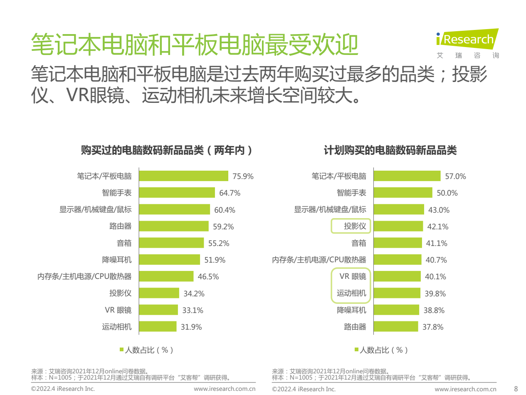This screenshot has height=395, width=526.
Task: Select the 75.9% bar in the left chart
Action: coord(183,176)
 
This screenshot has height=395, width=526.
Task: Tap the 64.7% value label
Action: coord(230,193)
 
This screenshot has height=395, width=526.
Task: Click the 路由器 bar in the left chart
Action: coord(173,226)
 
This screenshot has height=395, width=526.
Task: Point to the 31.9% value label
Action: coord(191,327)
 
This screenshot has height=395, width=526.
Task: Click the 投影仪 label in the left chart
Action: coord(121,293)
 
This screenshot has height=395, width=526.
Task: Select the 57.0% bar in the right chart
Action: coord(407,176)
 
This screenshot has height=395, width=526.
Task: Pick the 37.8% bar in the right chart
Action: coord(395,327)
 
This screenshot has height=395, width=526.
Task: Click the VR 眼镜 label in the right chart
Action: coord(353,276)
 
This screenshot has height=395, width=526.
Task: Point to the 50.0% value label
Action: coord(447,193)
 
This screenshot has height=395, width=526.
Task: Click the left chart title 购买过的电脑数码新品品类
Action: coord(167,150)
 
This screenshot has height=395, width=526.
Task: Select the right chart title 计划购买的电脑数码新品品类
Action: coord(390,150)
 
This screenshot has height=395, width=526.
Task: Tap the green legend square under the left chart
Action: coord(121,350)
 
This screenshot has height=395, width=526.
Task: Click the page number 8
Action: coord(516,389)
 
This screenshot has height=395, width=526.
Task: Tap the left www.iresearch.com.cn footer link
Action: coord(225,389)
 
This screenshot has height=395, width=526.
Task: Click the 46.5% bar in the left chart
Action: coord(166,276)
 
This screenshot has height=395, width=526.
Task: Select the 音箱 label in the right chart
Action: coord(359,243)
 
